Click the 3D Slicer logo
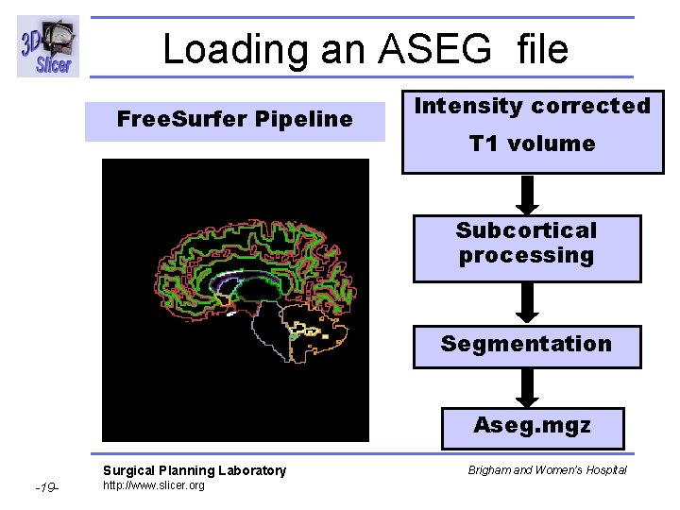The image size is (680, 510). point(46,46)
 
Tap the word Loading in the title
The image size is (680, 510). point(235,49)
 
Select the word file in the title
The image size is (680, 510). point(542,49)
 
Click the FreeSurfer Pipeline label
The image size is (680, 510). point(234,120)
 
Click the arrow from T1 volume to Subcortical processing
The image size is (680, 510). point(529,195)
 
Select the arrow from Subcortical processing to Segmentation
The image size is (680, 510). point(529,303)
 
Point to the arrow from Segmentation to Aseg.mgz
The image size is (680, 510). point(529,387)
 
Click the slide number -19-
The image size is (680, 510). point(46,488)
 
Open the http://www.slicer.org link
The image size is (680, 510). point(153,485)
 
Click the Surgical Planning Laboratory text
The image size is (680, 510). point(194,470)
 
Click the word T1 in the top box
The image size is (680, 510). point(485,144)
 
